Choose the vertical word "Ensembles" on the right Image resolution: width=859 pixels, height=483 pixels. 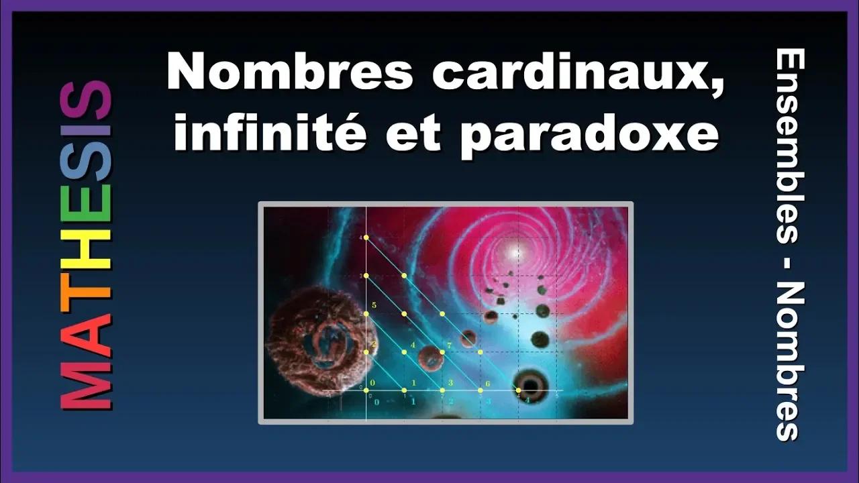click(x=789, y=148)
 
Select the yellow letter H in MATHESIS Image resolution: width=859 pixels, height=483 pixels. click(x=87, y=249)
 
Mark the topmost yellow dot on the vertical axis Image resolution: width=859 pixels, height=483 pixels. click(x=366, y=237)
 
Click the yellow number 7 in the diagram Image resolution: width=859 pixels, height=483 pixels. click(x=448, y=345)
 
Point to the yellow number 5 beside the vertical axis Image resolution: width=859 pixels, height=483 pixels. click(x=373, y=306)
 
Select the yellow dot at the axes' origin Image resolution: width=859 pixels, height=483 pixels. click(x=366, y=390)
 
